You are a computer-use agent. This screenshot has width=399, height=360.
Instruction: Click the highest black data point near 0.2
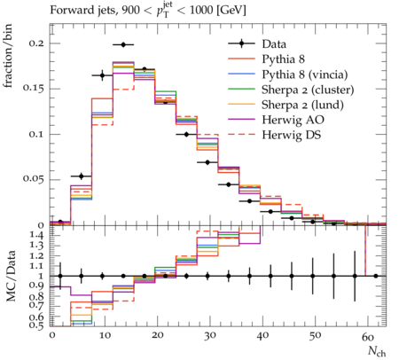point(123,45)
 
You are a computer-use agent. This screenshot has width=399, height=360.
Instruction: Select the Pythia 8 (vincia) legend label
point(305,74)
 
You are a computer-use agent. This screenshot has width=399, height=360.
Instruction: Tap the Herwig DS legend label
point(292,135)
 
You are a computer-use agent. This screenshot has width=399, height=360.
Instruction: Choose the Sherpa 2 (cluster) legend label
point(308,90)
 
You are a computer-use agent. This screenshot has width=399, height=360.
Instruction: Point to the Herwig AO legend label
point(293,120)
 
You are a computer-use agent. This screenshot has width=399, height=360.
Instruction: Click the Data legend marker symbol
point(241,44)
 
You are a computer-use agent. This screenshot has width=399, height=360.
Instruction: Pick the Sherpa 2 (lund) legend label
point(302,105)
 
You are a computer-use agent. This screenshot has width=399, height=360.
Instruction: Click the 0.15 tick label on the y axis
point(33,89)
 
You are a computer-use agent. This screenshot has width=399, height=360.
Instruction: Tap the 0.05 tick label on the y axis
point(33,179)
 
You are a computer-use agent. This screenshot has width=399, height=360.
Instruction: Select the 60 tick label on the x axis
point(368,336)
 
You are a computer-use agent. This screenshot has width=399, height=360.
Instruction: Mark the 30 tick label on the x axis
point(209,336)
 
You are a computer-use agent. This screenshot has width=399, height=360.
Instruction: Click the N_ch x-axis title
point(377,351)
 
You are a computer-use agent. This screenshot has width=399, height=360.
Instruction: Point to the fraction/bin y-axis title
point(8,56)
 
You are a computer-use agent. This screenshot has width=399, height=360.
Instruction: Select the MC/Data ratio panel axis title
point(11,276)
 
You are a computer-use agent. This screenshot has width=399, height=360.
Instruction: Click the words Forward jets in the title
point(83,11)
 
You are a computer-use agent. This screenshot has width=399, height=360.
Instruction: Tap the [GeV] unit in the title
point(231,11)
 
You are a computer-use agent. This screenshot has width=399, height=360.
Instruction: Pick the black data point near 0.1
point(186,135)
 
